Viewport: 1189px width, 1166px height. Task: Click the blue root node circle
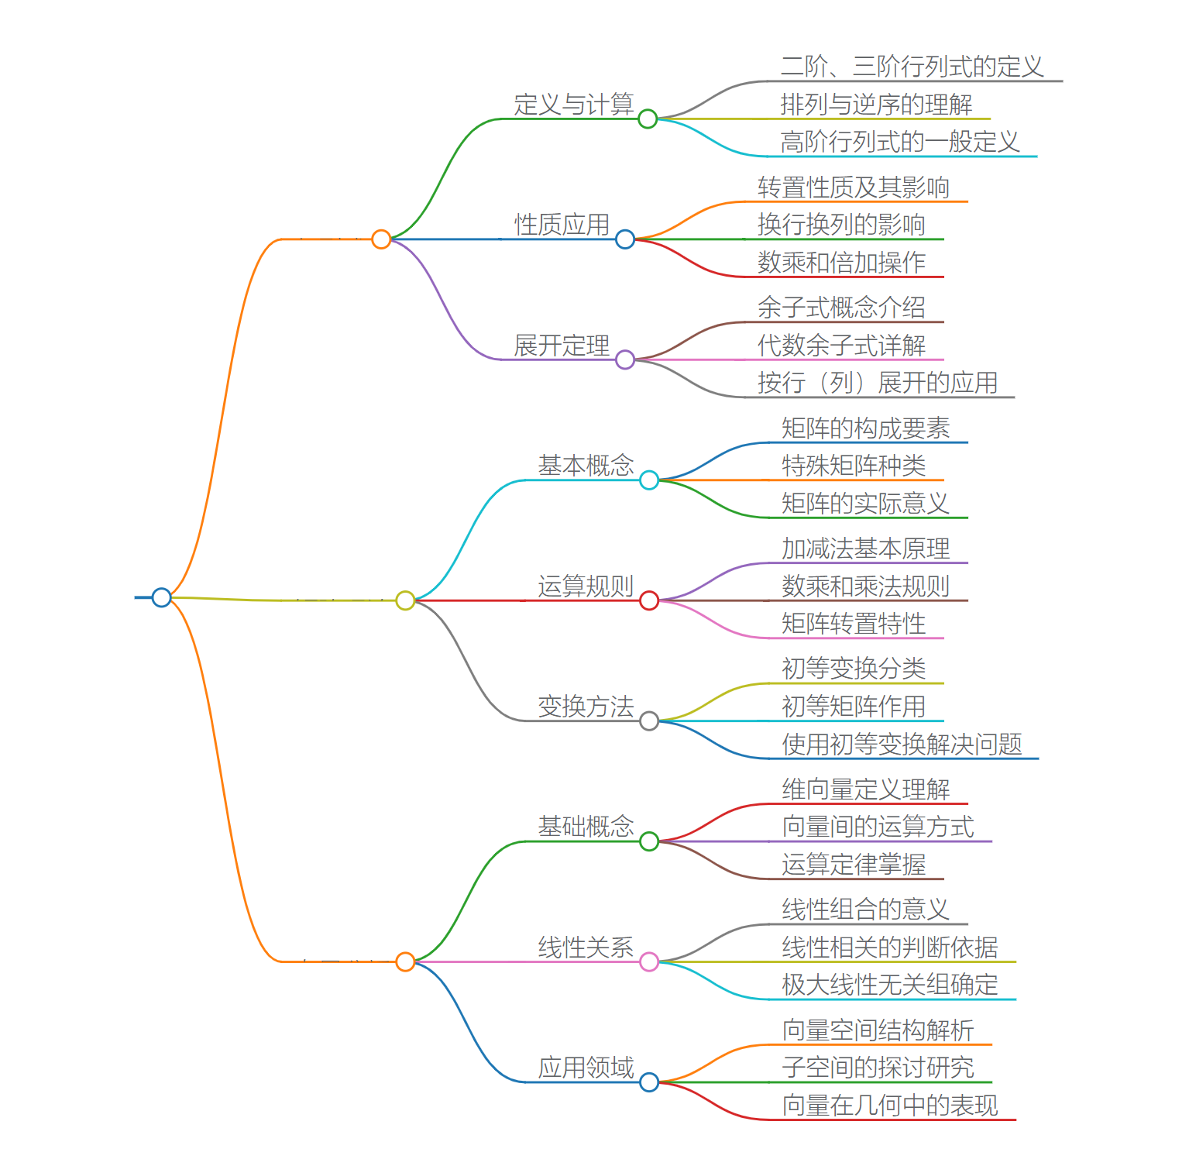[x=161, y=597]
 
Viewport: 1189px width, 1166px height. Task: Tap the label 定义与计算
[x=574, y=105]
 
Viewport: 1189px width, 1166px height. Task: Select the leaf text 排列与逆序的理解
[x=876, y=105]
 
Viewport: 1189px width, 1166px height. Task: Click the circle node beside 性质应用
[x=625, y=239]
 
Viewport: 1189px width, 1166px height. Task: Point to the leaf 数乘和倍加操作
[x=841, y=263]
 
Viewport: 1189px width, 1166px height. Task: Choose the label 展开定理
[x=562, y=346]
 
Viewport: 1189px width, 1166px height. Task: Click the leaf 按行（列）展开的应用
[x=878, y=383]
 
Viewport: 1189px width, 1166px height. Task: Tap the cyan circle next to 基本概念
[x=649, y=480]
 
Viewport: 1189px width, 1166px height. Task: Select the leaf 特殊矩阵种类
[x=854, y=466]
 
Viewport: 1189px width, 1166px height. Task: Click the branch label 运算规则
[x=586, y=586]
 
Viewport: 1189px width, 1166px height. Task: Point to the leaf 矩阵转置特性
[x=854, y=624]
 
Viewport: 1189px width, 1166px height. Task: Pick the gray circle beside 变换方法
[x=649, y=721]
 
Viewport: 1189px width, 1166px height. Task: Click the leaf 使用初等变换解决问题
[x=902, y=745]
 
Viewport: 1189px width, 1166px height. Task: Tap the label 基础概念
[x=586, y=827]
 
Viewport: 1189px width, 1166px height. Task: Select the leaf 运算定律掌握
[x=854, y=865]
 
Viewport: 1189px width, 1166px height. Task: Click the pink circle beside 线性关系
[x=649, y=962]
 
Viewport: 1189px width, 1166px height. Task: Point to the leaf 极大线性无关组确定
[x=890, y=985]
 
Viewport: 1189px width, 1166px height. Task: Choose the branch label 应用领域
[x=586, y=1068]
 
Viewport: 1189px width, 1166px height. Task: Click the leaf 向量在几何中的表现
[x=890, y=1106]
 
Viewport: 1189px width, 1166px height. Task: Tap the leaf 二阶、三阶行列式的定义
[x=912, y=67]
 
